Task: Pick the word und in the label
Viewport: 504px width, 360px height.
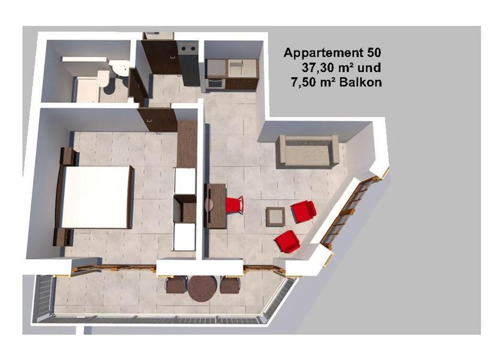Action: [x=370, y=68]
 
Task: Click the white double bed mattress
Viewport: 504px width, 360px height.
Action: [x=95, y=197]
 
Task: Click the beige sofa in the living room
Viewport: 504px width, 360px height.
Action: [x=308, y=152]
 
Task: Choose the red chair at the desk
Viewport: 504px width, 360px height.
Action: [x=235, y=205]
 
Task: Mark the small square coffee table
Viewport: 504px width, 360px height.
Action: [x=275, y=217]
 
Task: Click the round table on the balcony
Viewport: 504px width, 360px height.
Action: [x=203, y=289]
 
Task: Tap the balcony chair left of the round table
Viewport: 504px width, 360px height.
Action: [x=176, y=285]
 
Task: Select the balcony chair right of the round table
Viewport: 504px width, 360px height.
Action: [x=230, y=285]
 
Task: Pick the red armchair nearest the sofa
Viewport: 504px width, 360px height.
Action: [x=304, y=211]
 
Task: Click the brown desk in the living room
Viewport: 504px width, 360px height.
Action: [x=215, y=206]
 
